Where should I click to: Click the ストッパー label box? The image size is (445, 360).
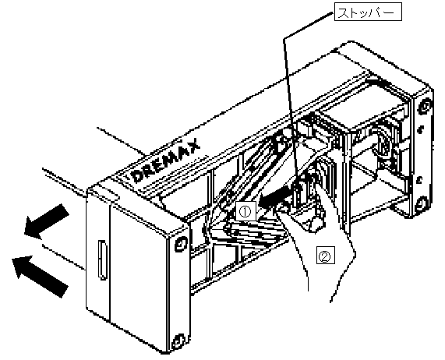coord(368,12)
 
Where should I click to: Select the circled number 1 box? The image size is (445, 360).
coord(245,211)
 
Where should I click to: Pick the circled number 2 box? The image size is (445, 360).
coord(326,256)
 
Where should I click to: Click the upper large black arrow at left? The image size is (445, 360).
coord(46,221)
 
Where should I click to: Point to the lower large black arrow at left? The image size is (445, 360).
coord(40,275)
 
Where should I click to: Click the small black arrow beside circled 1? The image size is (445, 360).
coord(275,199)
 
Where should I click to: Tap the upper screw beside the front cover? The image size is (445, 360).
coord(181,244)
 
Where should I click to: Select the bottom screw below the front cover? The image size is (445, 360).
coord(178,341)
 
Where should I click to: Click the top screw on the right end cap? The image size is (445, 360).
coord(425,108)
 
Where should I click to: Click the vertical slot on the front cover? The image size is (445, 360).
coord(102,259)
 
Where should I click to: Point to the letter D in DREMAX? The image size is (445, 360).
coord(139,176)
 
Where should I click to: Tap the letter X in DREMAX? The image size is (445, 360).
coord(192,146)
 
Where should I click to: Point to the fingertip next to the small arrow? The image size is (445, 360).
coord(280,209)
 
